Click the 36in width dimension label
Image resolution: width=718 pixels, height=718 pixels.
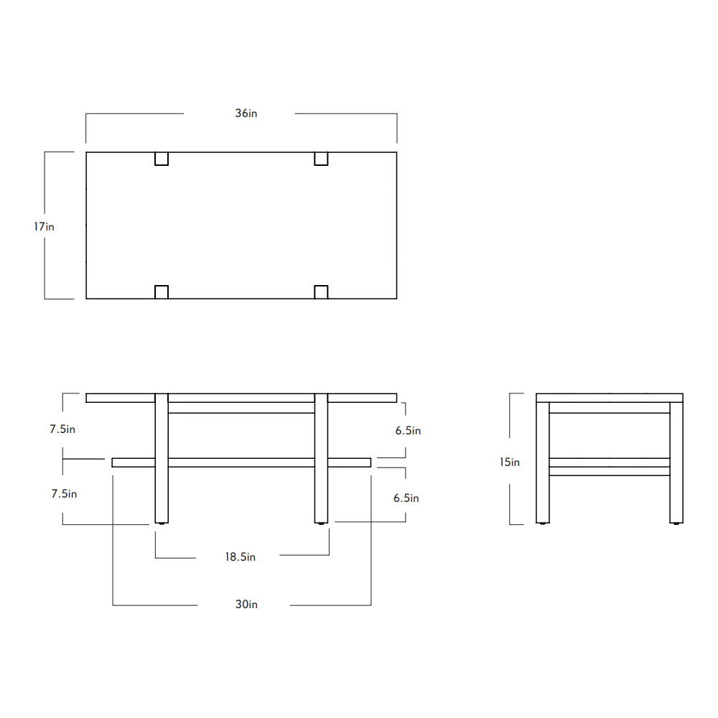tap(246, 113)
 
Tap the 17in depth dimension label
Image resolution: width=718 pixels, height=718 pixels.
tap(44, 227)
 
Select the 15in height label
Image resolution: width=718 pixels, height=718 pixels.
tap(510, 462)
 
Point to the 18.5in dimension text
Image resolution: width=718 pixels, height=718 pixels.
tap(241, 557)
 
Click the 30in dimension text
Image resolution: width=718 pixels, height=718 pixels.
tap(246, 605)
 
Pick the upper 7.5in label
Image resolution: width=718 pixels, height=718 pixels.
tap(62, 429)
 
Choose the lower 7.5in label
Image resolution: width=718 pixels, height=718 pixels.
tap(64, 494)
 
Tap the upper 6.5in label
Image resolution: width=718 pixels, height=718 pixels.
tap(408, 430)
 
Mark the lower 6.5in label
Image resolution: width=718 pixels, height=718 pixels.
tap(406, 498)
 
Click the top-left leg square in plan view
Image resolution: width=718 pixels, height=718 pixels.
tap(162, 159)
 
